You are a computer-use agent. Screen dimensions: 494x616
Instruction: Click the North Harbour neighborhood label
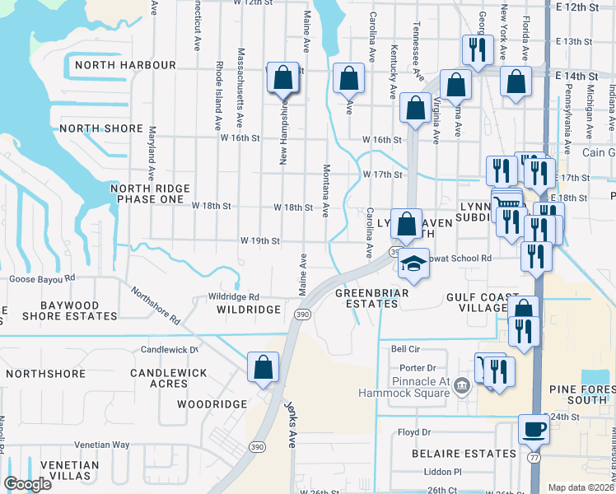coord(125,65)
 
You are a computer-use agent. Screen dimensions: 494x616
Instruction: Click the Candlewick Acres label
coord(169,379)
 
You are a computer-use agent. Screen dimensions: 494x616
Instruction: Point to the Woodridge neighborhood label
coord(212,404)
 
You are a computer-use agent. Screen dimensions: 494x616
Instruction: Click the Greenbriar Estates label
coord(366,298)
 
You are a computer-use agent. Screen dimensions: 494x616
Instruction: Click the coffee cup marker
coord(534,429)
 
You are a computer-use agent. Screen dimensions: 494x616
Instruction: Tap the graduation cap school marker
coord(415,263)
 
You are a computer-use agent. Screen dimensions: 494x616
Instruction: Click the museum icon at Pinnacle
coord(461,385)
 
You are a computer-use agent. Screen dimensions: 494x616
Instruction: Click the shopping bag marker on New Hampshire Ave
coord(282,78)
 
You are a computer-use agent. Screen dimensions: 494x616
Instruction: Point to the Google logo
coord(27,484)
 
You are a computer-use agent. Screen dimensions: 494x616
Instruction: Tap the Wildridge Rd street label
coord(234,296)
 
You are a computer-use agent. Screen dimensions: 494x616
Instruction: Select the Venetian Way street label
coord(101,445)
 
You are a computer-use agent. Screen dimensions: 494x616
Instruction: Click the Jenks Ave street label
coord(290,425)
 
